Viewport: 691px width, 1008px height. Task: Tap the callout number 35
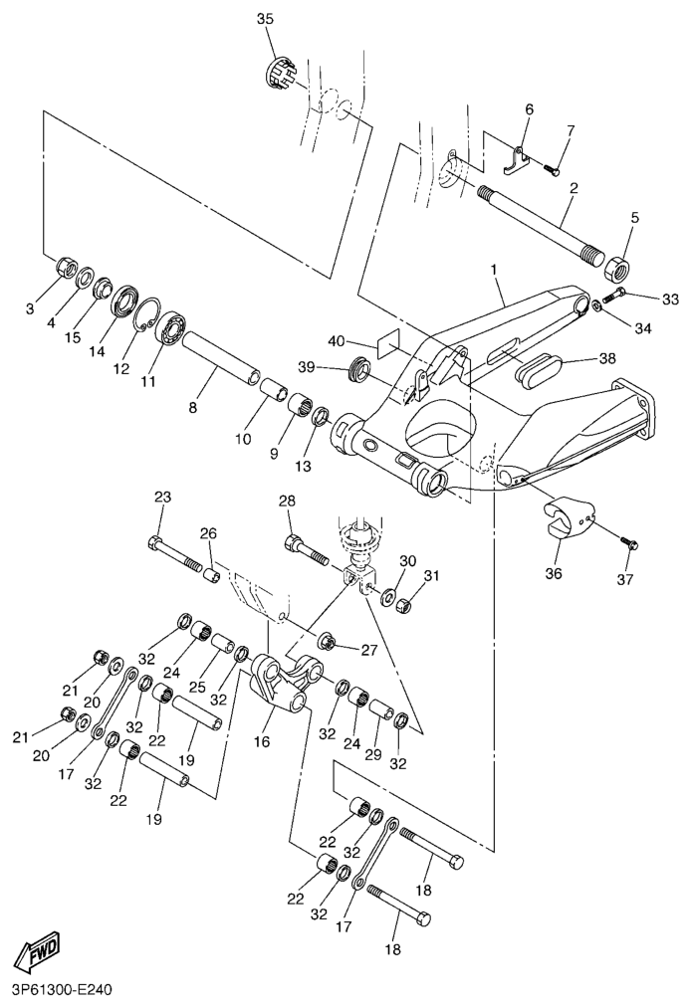pos(264,19)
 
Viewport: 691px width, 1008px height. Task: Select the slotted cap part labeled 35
pos(281,74)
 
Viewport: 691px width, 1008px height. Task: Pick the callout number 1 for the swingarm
pos(493,270)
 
